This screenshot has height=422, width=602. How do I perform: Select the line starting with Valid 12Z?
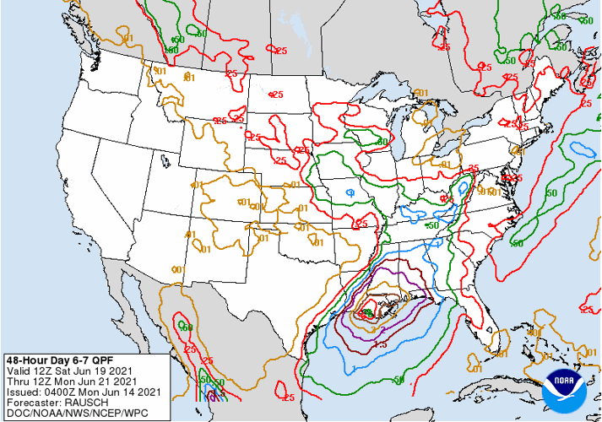(68, 370)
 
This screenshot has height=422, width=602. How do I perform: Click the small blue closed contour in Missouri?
(350, 193)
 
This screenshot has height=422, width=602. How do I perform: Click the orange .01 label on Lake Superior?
(421, 93)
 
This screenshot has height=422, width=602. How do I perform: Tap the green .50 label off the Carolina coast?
(516, 243)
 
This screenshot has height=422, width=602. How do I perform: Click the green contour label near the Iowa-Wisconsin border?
(382, 141)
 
